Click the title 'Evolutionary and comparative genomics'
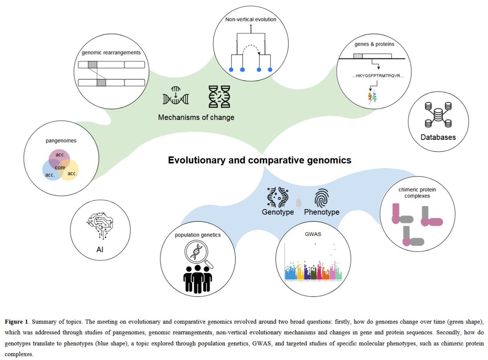(259, 160)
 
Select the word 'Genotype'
(278, 212)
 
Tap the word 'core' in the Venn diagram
(60, 167)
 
